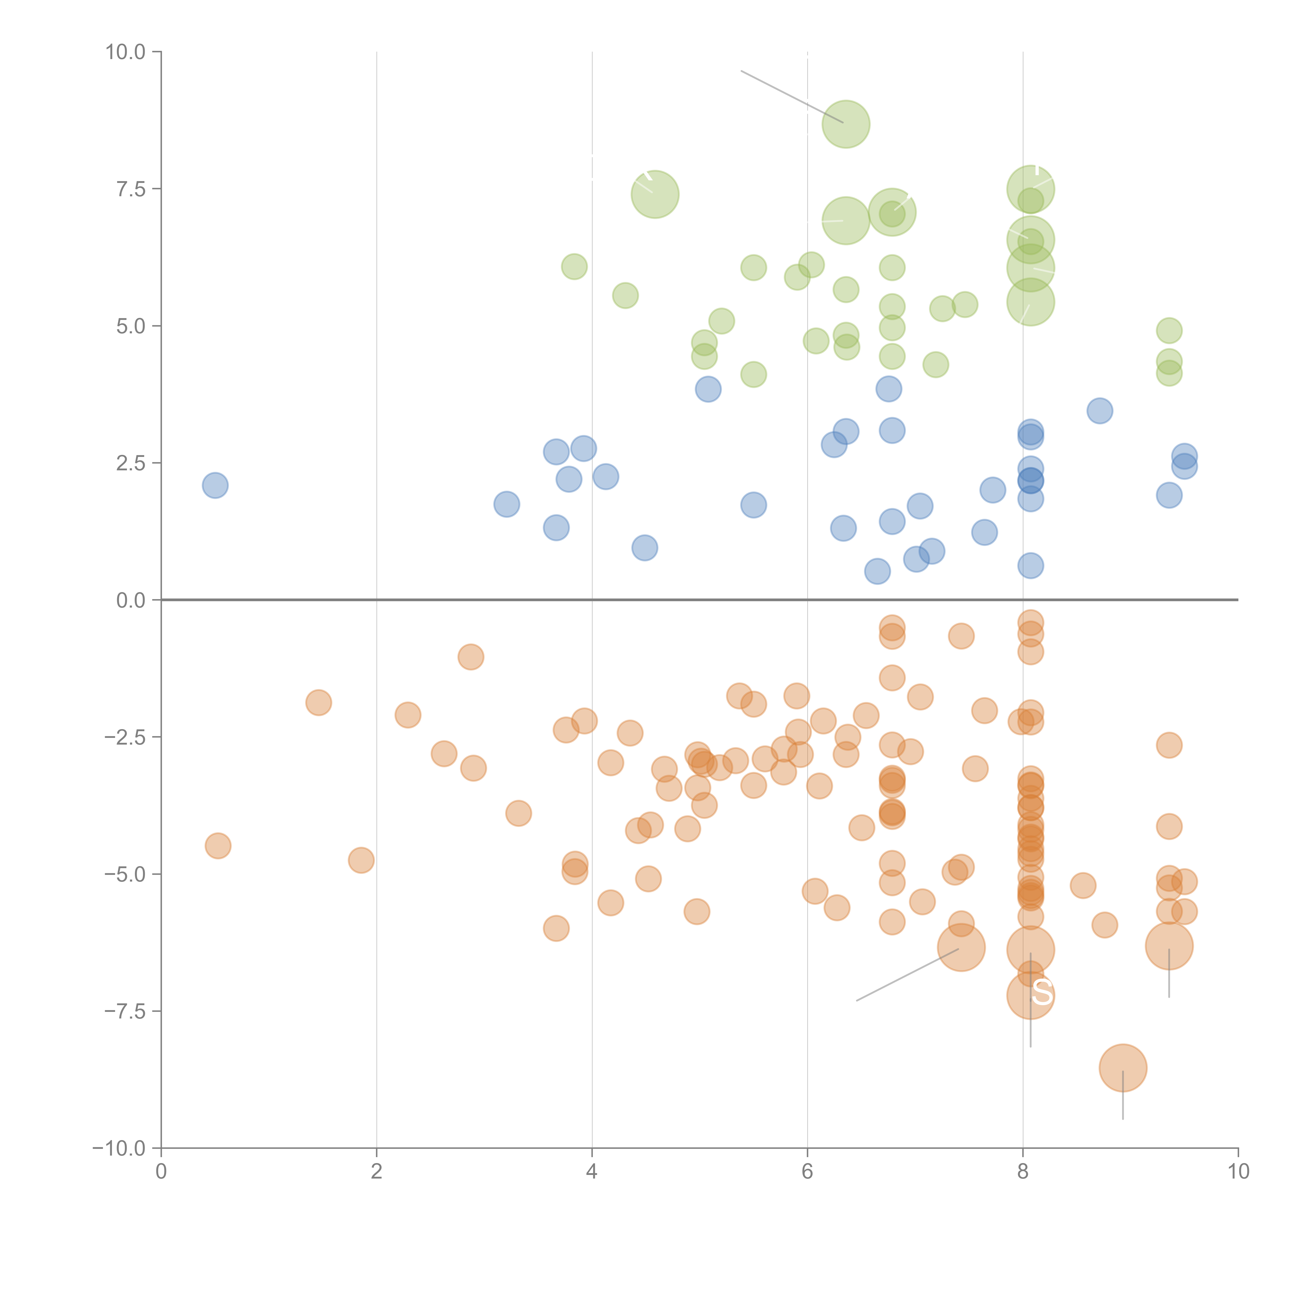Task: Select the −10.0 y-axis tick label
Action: tap(119, 1148)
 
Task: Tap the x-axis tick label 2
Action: tap(377, 1172)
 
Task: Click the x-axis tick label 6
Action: tap(807, 1172)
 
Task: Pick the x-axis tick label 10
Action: tap(1238, 1172)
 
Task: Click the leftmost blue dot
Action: tap(215, 485)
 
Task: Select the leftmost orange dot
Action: tap(218, 846)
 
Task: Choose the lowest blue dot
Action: tap(877, 571)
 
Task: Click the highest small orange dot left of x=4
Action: tap(471, 657)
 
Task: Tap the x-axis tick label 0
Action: tap(161, 1172)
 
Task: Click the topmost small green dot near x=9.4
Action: tap(1168, 330)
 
